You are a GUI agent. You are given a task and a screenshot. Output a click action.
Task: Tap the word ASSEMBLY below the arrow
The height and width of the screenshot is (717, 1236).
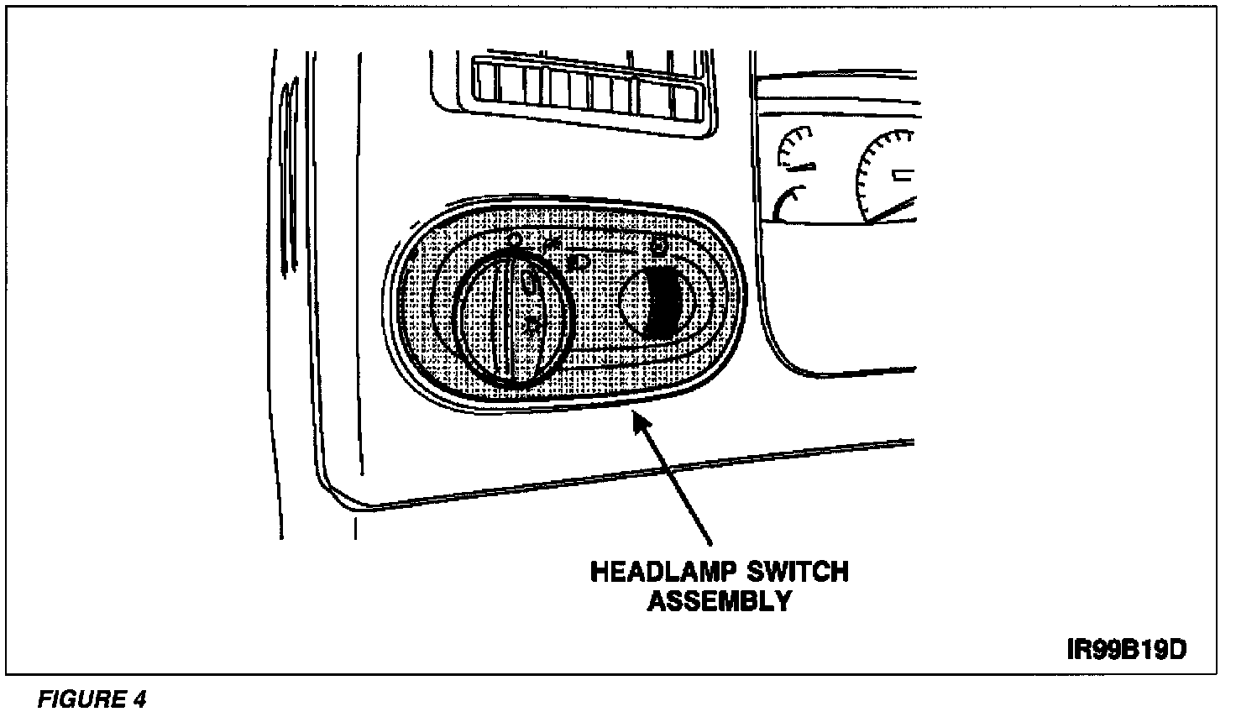tap(720, 602)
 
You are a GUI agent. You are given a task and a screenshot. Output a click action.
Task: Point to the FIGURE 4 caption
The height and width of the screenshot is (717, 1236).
tap(93, 699)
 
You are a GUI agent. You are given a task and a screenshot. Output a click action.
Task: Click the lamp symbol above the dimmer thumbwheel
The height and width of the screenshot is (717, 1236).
tap(659, 246)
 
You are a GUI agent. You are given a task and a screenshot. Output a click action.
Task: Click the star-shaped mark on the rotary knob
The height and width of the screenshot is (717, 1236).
tap(531, 324)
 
